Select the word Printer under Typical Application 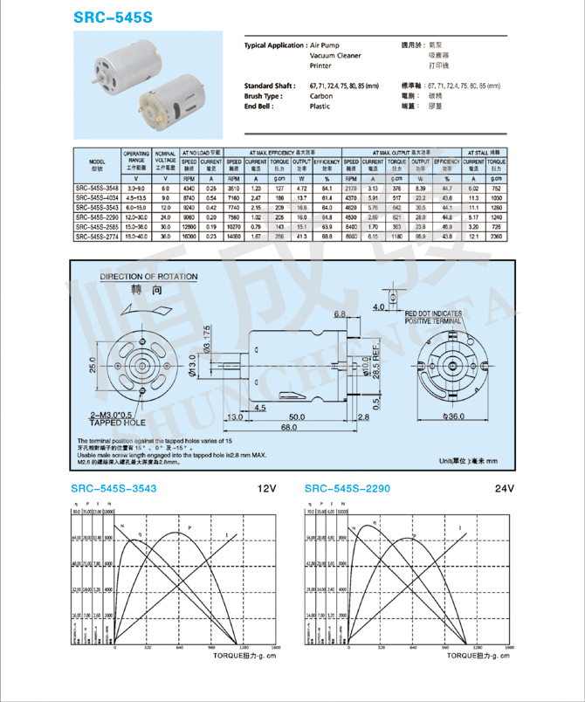click(320, 65)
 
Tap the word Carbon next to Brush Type click(320, 96)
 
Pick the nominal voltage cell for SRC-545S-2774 click(166, 236)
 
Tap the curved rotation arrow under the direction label click(141, 311)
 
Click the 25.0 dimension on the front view click(93, 367)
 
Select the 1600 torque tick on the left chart click(275, 648)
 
